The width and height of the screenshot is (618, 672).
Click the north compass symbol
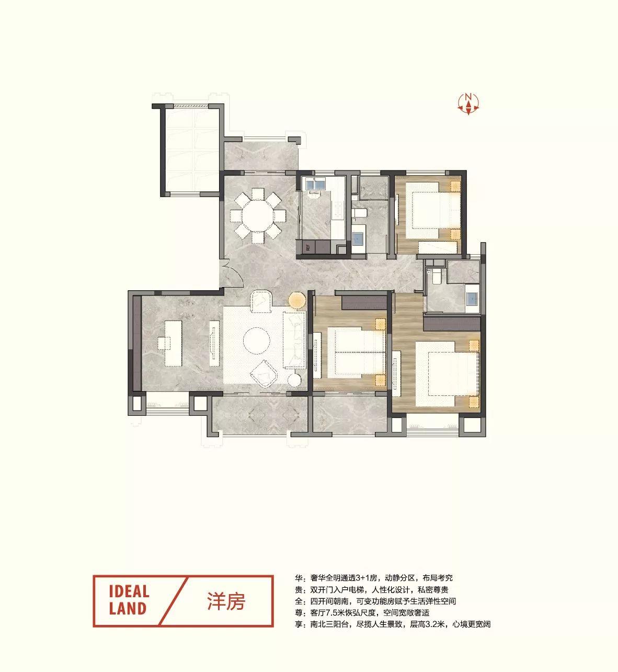click(x=468, y=104)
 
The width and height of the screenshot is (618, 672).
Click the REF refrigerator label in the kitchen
click(x=307, y=248)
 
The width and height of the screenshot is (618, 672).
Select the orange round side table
click(x=298, y=300)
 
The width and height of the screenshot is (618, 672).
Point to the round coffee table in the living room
click(x=257, y=341)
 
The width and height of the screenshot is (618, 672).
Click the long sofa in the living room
click(x=294, y=340)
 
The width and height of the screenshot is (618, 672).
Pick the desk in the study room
click(x=173, y=344)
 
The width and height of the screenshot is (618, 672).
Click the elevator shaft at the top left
click(x=191, y=150)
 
